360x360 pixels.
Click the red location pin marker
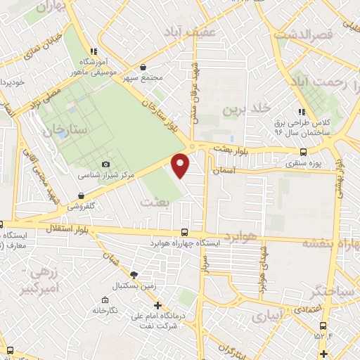pyautogui.click(x=181, y=165)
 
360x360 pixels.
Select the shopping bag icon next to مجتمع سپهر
pyautogui.click(x=143, y=68)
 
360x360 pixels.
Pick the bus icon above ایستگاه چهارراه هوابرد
pyautogui.click(x=185, y=232)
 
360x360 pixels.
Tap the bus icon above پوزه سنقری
pyautogui.click(x=303, y=152)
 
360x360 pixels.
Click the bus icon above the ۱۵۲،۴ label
pyautogui.click(x=323, y=326)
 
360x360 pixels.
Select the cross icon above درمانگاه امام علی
pyautogui.click(x=158, y=306)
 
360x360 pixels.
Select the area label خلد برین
pyautogui.click(x=247, y=110)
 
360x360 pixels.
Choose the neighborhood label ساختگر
pyautogui.click(x=333, y=290)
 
